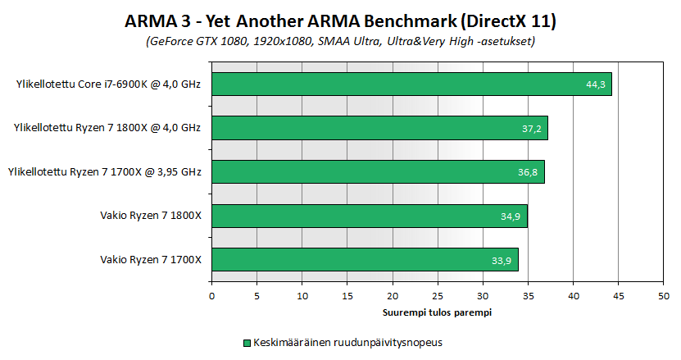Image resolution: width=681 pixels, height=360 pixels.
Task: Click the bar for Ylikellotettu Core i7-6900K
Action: (410, 84)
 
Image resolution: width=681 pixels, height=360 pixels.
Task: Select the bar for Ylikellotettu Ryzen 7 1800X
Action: (379, 128)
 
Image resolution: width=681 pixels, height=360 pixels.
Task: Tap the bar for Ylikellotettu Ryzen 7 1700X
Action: (377, 172)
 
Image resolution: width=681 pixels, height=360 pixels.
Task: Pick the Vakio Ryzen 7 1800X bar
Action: (369, 216)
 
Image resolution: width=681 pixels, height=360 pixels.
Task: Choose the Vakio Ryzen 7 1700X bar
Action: (365, 260)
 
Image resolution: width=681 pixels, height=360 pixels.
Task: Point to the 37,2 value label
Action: (533, 129)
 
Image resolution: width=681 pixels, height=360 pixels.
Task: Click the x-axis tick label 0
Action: (211, 297)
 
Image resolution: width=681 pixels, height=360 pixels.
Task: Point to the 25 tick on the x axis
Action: (438, 297)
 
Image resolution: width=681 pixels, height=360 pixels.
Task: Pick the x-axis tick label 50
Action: (663, 297)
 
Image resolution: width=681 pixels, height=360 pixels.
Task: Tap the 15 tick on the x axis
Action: (347, 297)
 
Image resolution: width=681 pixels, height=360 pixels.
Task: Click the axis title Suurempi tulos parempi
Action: (437, 312)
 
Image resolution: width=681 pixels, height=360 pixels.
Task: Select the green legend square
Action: (247, 342)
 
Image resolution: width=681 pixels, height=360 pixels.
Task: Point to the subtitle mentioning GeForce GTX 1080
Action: (341, 40)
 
